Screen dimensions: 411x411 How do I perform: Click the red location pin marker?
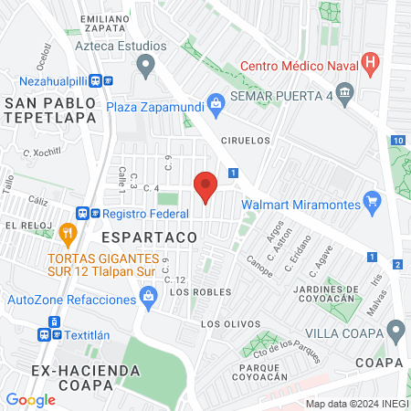tap(206, 186)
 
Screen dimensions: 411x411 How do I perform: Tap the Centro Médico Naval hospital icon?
tap(370, 64)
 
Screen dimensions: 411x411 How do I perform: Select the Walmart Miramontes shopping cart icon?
tap(372, 200)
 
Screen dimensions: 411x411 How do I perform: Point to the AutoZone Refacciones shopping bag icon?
tap(148, 297)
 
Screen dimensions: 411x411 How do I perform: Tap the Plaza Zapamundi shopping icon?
tap(215, 103)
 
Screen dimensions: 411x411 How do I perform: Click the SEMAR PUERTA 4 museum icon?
tap(344, 91)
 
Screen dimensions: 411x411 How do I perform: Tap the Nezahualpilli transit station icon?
tap(109, 79)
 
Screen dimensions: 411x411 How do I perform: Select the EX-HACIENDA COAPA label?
tap(86, 380)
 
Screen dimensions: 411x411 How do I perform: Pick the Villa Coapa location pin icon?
tap(395, 329)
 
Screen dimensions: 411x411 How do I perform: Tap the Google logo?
tap(31, 399)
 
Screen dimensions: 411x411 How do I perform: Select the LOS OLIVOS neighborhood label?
tap(224, 324)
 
